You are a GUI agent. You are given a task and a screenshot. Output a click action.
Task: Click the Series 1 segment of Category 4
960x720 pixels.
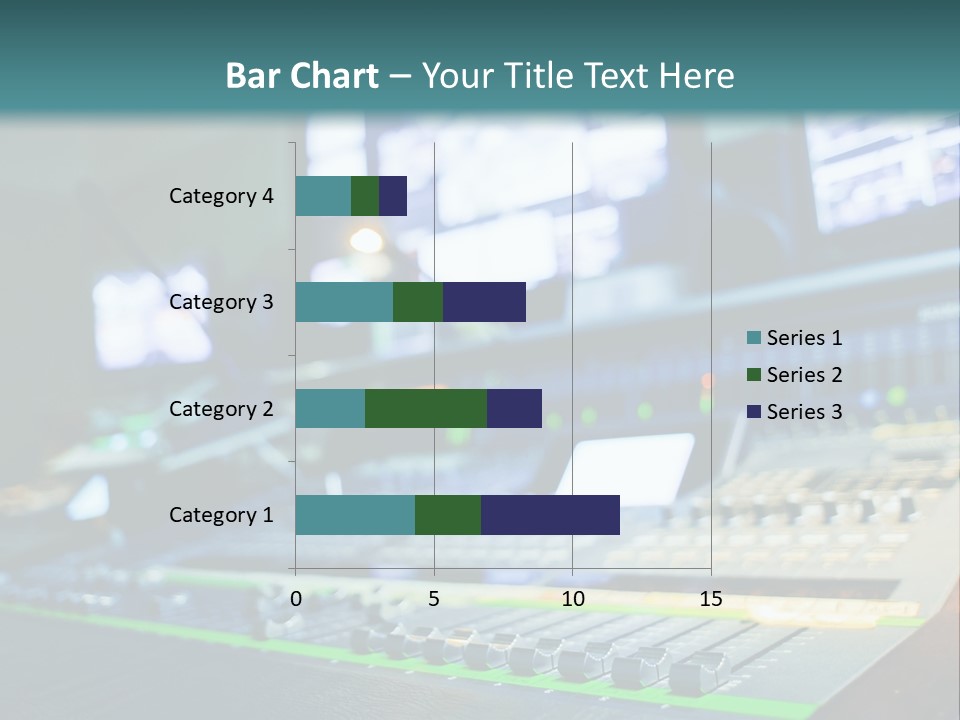(323, 196)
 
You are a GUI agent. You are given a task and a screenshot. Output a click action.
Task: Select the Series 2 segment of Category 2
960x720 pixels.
(426, 408)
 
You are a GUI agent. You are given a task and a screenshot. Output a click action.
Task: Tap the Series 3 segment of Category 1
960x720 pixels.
(550, 515)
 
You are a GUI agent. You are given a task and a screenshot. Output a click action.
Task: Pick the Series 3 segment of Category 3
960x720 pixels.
(484, 302)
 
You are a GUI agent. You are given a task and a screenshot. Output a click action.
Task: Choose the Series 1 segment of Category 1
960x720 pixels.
(355, 515)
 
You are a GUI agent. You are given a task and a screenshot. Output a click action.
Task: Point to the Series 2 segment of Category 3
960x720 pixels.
(418, 302)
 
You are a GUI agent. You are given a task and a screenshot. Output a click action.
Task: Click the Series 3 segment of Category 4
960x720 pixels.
(393, 196)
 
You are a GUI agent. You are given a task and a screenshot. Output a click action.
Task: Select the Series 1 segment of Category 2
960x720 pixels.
(330, 408)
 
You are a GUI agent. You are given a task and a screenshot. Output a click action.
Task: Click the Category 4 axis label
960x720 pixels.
(221, 196)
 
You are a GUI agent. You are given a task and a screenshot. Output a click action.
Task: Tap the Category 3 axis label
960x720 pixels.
(221, 302)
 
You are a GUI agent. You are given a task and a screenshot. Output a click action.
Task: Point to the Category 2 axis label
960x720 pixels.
(221, 409)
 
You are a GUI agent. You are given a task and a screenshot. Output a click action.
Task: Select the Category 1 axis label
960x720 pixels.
(221, 515)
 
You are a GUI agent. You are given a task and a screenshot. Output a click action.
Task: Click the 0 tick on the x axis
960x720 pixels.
(296, 599)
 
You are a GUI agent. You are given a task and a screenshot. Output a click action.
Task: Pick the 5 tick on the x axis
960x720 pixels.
(434, 599)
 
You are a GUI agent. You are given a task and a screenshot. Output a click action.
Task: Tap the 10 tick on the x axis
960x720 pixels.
(572, 599)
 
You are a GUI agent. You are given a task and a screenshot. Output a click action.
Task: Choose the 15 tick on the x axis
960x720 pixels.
(710, 599)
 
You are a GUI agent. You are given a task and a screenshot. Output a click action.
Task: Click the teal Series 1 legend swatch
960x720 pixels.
(753, 338)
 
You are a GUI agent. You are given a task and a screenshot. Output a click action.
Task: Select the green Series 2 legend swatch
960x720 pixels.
(753, 375)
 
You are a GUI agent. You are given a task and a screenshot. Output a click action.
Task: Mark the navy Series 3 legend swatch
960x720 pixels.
(753, 412)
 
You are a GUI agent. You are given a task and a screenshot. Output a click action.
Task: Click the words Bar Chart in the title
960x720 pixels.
(302, 75)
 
